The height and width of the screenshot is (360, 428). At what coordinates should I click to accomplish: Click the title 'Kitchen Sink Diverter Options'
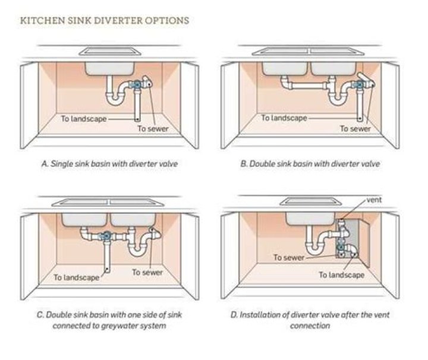[105, 21]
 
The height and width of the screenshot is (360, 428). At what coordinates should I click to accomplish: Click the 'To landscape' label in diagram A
[84, 118]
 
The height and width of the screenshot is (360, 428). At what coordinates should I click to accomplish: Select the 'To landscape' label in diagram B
[284, 118]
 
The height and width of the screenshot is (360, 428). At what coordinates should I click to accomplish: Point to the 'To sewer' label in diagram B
[355, 128]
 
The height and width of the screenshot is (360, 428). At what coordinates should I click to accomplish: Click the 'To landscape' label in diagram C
[76, 277]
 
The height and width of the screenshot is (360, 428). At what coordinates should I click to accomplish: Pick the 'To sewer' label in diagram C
[147, 272]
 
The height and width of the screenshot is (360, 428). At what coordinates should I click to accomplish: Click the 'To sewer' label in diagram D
[288, 257]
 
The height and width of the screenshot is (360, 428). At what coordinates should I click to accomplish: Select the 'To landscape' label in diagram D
[341, 274]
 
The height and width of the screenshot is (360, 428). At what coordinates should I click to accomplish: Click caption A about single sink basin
[109, 163]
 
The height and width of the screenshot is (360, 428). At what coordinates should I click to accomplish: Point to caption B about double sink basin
[310, 163]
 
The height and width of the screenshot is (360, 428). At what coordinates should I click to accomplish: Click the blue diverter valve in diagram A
[139, 85]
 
